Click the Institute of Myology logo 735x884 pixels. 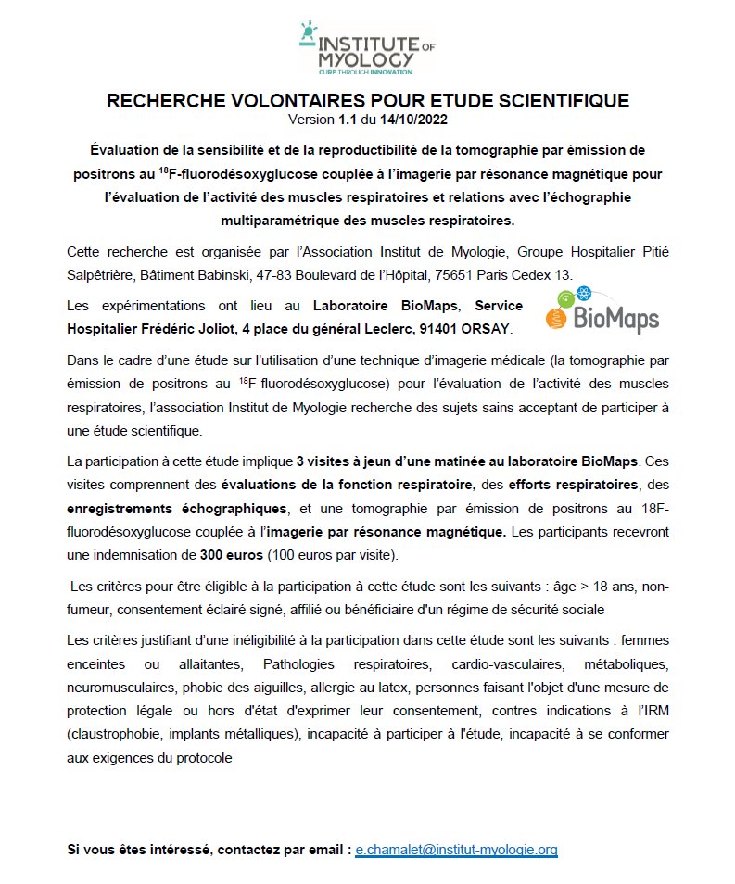[x=368, y=46]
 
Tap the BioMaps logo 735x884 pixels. [x=604, y=310]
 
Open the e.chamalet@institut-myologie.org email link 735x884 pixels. [x=456, y=849]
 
